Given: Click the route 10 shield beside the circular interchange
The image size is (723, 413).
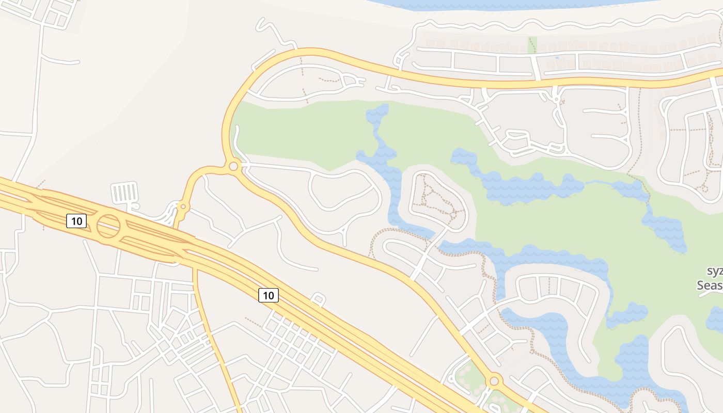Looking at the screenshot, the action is point(76,221).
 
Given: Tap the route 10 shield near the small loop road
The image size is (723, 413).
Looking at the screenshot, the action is point(268,295).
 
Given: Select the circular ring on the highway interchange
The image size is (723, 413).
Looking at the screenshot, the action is point(108,226).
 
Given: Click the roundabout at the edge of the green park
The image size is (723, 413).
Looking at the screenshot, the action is point(233,166).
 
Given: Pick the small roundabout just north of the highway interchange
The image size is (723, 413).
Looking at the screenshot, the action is point(183,207).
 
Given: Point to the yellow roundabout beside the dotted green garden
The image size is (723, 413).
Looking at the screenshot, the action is point(494,381).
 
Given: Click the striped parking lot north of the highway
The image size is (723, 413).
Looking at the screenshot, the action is point(124,193).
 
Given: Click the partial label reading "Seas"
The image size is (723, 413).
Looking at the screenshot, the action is point(710,285).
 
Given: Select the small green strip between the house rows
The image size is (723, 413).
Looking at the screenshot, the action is point(532,44).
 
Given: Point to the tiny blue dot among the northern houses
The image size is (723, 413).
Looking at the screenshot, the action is point(557,58).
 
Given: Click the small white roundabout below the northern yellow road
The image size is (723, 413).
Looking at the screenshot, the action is point(556,98).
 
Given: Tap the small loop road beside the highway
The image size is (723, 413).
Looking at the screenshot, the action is point(318,299).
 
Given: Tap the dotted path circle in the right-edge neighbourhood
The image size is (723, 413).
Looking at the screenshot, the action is point(703,187).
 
